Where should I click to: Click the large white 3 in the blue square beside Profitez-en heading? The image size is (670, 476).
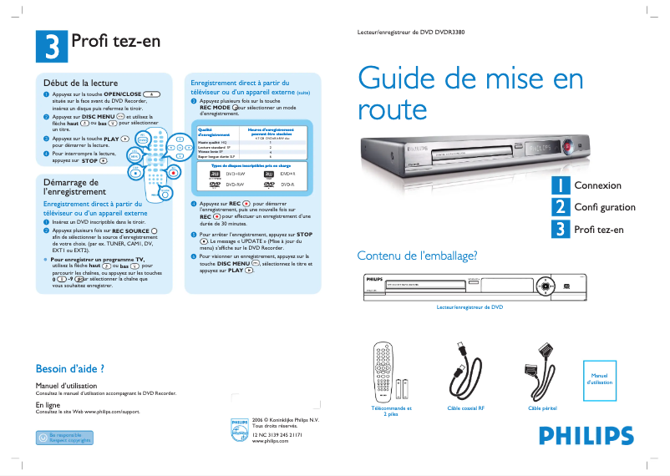click(x=52, y=46)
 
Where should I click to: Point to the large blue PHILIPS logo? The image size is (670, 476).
click(x=586, y=436)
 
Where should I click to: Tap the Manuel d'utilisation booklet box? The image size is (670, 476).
click(x=600, y=378)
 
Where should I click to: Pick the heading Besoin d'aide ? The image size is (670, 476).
click(x=69, y=368)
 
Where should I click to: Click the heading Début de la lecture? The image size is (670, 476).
click(x=80, y=84)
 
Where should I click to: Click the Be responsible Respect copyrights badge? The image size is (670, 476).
click(x=64, y=437)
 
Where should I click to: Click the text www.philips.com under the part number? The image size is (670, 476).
click(x=270, y=441)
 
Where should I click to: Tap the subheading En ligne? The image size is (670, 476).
click(x=48, y=404)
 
